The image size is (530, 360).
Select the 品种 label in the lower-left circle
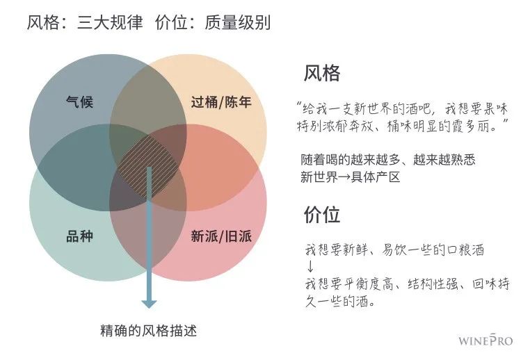click(x=79, y=236)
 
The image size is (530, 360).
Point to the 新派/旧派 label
click(x=221, y=236)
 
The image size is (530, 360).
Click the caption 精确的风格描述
click(x=153, y=329)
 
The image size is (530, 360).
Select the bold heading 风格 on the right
click(x=322, y=74)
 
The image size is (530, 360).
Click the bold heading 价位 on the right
click(x=322, y=215)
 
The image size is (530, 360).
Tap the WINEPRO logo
click(x=485, y=341)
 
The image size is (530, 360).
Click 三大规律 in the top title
click(x=110, y=22)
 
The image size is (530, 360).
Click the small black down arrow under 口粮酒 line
click(x=310, y=267)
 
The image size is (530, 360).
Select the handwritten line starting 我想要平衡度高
click(x=407, y=284)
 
